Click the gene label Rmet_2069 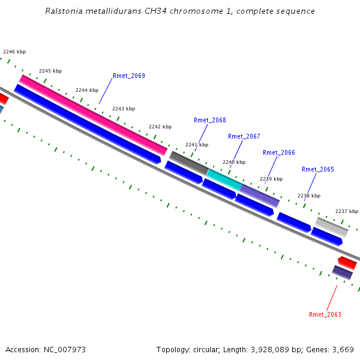[128, 76]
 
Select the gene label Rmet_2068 [209, 121]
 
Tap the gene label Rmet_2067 [244, 137]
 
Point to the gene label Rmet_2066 [278, 153]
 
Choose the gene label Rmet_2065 [317, 170]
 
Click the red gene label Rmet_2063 [325, 315]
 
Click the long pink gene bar [93, 115]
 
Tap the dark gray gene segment [188, 163]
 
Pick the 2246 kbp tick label [14, 52]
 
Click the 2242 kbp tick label [160, 127]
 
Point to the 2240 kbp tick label [234, 163]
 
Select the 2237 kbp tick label [346, 212]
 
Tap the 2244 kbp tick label [87, 91]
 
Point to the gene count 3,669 [341, 350]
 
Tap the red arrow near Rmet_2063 [347, 263]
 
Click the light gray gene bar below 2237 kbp [332, 227]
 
